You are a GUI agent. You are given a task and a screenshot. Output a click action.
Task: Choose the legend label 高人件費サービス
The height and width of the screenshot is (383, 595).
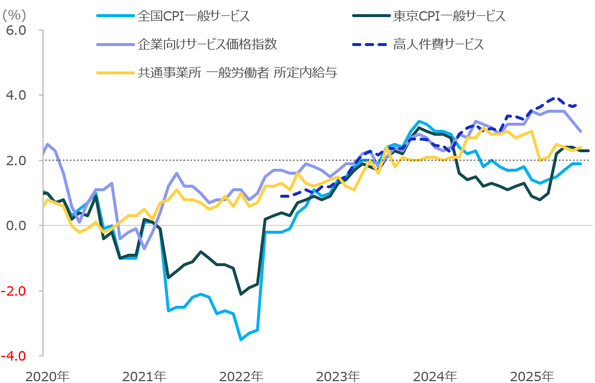(x=438, y=44)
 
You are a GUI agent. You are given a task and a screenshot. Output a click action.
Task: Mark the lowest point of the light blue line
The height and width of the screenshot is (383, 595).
(x=241, y=339)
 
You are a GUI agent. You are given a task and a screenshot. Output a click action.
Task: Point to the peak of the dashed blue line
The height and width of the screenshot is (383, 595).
(x=554, y=98)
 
